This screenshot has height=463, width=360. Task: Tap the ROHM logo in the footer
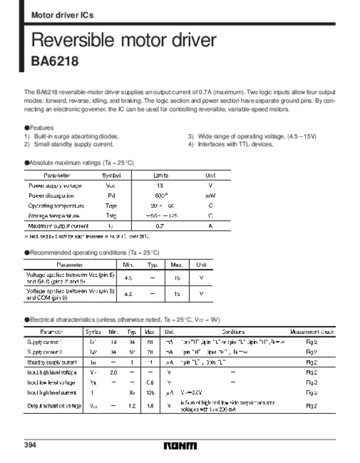[x=179, y=446]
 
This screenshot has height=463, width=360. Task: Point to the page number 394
[x=31, y=446]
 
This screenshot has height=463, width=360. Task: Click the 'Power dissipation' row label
[x=52, y=195]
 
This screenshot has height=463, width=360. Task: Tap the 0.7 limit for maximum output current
[x=160, y=226]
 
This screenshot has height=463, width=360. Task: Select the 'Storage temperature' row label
[x=54, y=216]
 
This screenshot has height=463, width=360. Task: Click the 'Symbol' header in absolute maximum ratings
[x=111, y=175]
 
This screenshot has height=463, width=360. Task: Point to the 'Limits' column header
[x=160, y=175]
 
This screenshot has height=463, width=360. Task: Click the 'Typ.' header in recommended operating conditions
[x=152, y=264]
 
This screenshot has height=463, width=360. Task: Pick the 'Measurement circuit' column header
[x=311, y=331]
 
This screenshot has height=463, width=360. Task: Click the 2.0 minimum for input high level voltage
[x=113, y=372]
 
